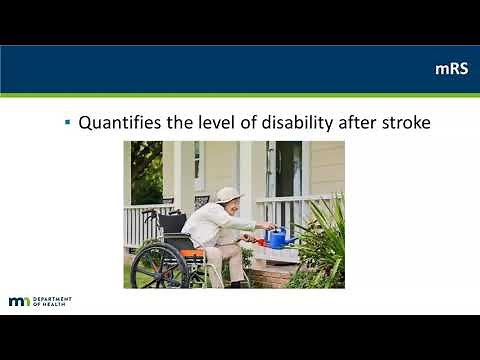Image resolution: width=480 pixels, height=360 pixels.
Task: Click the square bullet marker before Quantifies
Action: point(67,124)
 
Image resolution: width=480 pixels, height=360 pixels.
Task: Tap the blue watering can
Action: point(276,238)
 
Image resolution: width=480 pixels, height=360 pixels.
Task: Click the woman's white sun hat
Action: point(229,194)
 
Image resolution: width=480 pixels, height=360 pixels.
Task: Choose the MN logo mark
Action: point(19,301)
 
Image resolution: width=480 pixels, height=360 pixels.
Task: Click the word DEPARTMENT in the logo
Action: point(53,298)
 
